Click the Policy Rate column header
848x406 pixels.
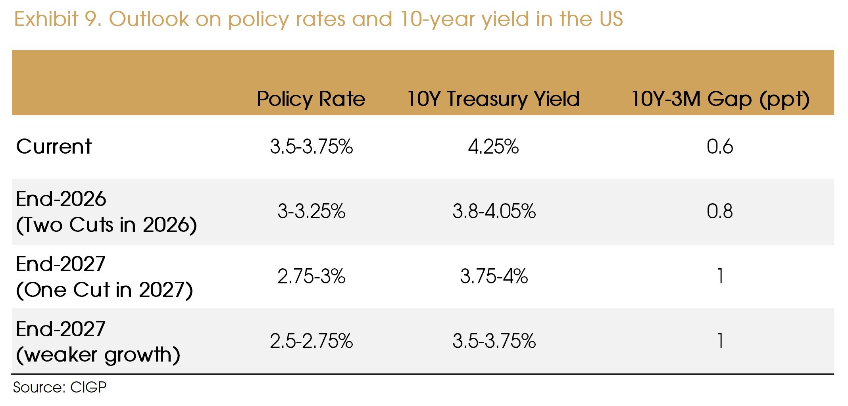311,99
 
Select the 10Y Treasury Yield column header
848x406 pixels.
493,99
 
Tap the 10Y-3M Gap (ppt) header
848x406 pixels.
720,99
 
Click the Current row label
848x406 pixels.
54,146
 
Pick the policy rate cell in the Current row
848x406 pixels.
311,146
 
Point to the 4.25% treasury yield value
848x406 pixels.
493,146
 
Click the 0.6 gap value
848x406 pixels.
719,146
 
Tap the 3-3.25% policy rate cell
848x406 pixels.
311,211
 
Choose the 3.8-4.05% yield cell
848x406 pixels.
494,211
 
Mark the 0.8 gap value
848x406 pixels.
719,211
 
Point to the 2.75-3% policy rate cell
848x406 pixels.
311,276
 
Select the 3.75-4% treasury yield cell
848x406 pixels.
494,276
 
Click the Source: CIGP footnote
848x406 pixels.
60,387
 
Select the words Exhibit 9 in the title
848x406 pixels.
58,19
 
